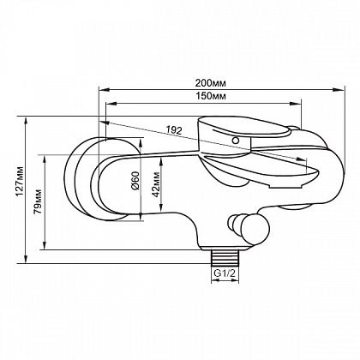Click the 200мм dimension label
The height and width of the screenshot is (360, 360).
click(x=211, y=83)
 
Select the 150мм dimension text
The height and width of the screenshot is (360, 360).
click(x=211, y=96)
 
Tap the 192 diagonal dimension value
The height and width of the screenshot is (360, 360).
click(x=174, y=130)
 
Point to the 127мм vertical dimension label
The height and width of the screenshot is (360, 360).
click(x=20, y=181)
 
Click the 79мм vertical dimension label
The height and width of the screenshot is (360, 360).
click(x=38, y=201)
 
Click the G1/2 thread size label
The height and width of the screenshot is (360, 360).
click(x=225, y=273)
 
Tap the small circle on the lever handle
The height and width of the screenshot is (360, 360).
click(x=236, y=141)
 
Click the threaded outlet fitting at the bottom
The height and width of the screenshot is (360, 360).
click(x=225, y=256)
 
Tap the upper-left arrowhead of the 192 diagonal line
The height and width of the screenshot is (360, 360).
click(x=105, y=123)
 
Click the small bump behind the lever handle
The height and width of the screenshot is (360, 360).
click(x=294, y=129)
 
